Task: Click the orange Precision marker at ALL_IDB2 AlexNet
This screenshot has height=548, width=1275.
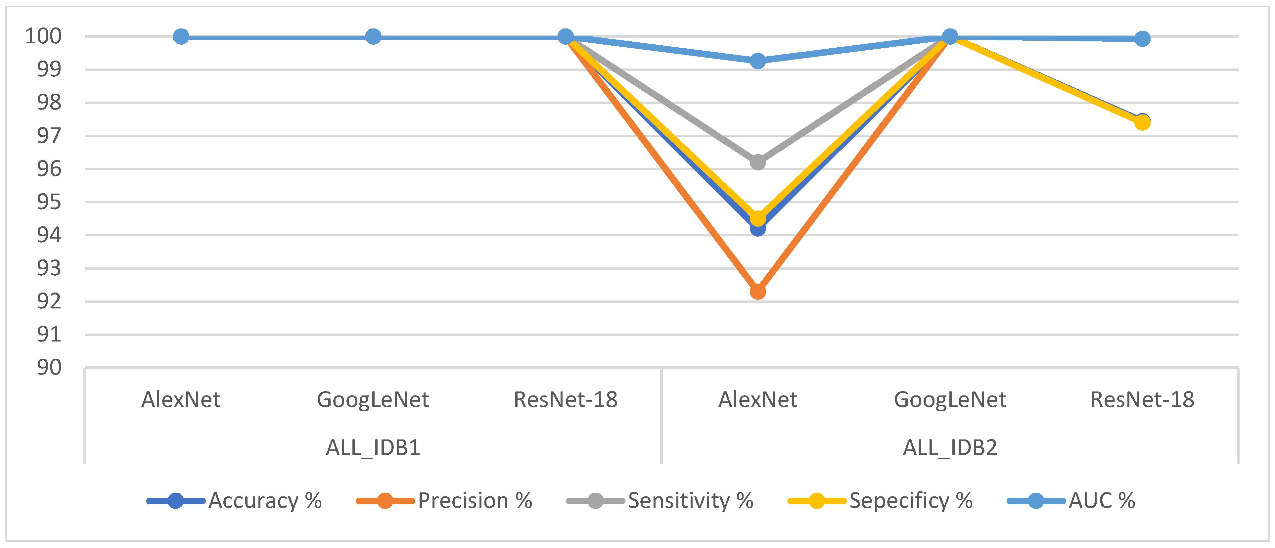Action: [757, 292]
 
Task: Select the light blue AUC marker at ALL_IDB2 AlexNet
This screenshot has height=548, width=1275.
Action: [757, 61]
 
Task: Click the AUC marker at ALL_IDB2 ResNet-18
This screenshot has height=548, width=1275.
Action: [1142, 39]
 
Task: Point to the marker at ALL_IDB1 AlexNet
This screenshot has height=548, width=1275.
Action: [181, 37]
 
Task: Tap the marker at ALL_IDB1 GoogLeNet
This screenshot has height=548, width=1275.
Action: [373, 37]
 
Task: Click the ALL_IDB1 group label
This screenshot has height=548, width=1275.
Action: [373, 447]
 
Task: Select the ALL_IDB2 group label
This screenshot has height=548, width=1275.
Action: [950, 447]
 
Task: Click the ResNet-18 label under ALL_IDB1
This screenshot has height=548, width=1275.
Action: [565, 399]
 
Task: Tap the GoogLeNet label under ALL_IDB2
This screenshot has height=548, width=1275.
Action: [950, 399]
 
